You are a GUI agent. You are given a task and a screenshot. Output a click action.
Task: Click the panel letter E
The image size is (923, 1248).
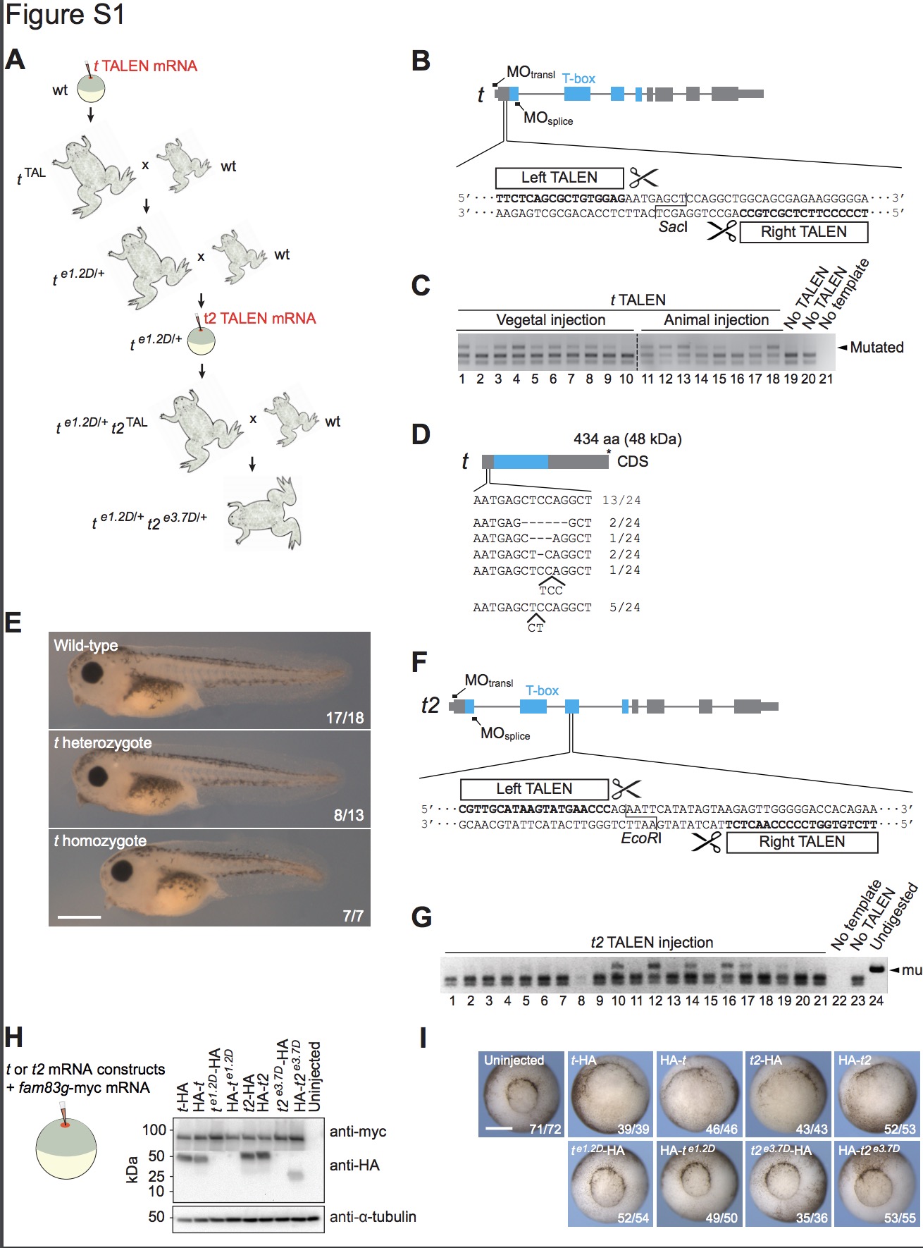tap(13, 623)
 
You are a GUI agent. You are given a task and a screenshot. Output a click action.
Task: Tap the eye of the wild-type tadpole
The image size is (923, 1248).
tap(92, 671)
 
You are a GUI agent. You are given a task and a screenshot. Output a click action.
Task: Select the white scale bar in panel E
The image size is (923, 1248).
tap(79, 917)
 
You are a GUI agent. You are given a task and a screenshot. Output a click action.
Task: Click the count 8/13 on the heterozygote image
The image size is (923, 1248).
tap(348, 815)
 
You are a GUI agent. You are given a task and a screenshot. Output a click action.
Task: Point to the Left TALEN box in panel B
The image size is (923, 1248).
tap(559, 178)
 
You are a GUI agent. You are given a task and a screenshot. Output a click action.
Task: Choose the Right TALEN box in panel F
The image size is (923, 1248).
tap(802, 842)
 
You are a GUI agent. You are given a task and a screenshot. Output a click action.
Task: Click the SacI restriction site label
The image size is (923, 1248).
tap(673, 227)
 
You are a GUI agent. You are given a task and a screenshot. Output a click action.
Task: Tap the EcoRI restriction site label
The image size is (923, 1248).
tap(641, 838)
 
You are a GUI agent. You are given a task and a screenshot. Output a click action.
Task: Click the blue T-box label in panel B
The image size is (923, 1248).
tap(578, 78)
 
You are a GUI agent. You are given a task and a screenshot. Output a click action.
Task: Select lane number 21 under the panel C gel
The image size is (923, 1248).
tap(826, 379)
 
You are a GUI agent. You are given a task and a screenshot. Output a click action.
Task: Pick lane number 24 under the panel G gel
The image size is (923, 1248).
tap(876, 1001)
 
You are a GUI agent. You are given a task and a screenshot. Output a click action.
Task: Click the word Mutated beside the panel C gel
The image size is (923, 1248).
tap(876, 347)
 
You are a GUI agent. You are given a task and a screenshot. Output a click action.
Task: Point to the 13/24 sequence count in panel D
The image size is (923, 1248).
tap(621, 501)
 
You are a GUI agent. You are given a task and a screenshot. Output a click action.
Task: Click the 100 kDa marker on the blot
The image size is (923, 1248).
tap(154, 1130)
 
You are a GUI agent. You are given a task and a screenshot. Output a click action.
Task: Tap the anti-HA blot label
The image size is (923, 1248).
tap(354, 1166)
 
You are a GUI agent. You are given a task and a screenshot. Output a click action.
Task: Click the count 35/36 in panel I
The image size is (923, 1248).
tap(811, 1218)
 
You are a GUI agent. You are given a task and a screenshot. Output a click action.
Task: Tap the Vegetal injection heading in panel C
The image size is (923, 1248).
tap(550, 320)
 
